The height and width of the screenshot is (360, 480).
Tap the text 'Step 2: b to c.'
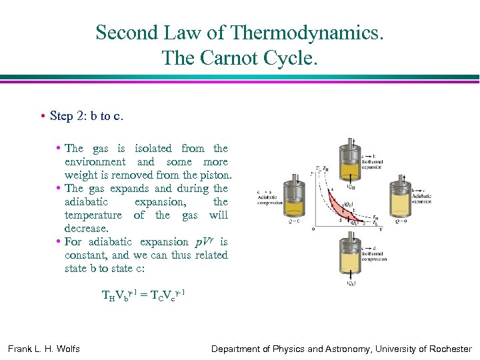tap(86, 116)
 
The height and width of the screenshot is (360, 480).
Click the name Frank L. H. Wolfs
tap(44, 349)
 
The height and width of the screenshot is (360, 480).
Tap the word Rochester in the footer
tap(449, 349)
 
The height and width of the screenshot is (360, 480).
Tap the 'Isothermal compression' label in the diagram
tap(372, 255)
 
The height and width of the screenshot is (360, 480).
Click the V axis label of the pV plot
tap(379, 229)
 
